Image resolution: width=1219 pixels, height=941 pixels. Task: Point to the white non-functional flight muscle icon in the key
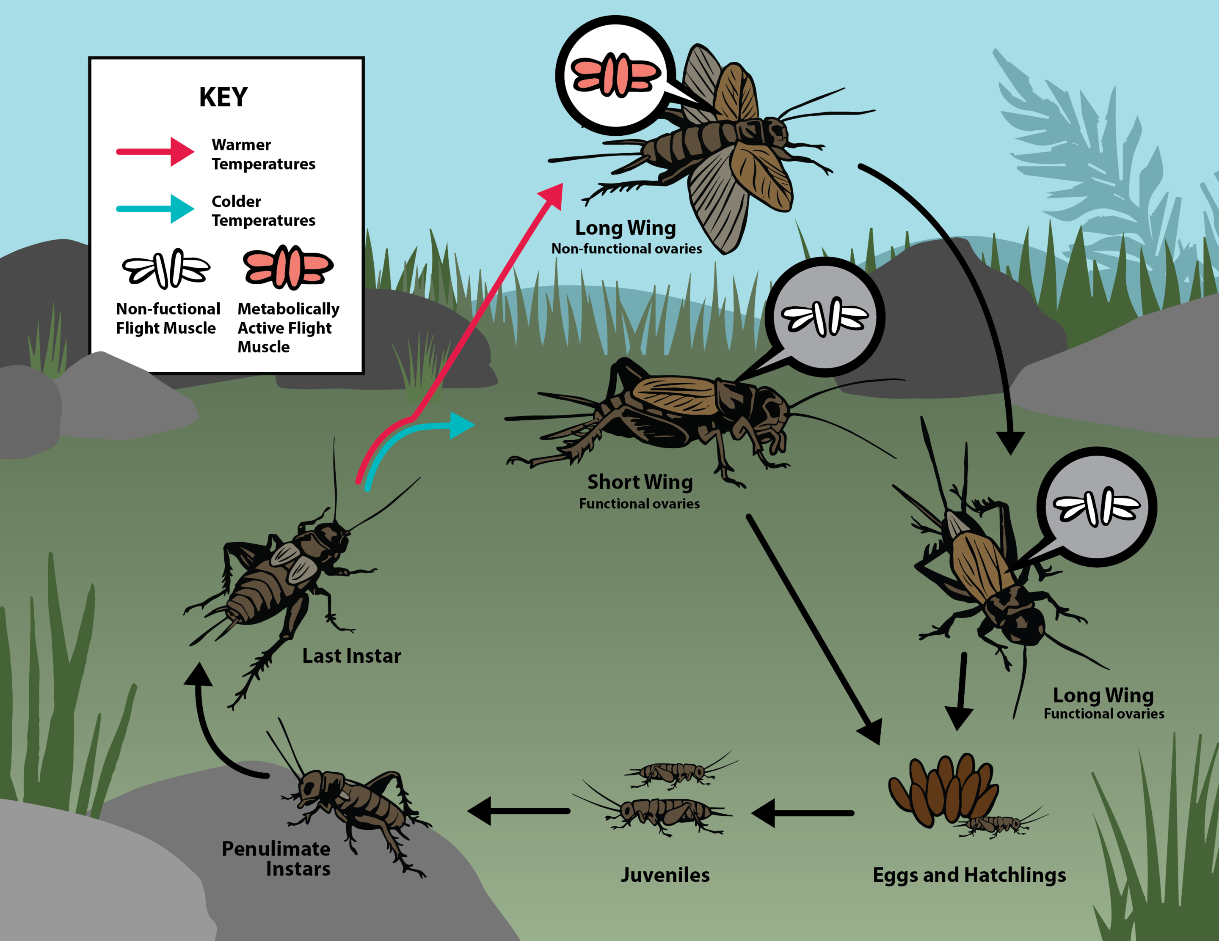point(166,269)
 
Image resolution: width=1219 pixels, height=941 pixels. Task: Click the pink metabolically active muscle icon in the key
point(288,267)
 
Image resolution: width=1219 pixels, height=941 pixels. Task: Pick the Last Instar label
point(352,656)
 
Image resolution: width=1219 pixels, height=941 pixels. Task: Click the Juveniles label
point(665,875)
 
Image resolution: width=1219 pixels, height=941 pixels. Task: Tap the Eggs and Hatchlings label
point(969,875)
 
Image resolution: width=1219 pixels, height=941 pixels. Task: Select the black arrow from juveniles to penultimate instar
point(518,811)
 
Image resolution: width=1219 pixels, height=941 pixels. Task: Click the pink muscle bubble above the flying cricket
point(616,75)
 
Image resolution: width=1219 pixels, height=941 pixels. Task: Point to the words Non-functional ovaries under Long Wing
point(627,249)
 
